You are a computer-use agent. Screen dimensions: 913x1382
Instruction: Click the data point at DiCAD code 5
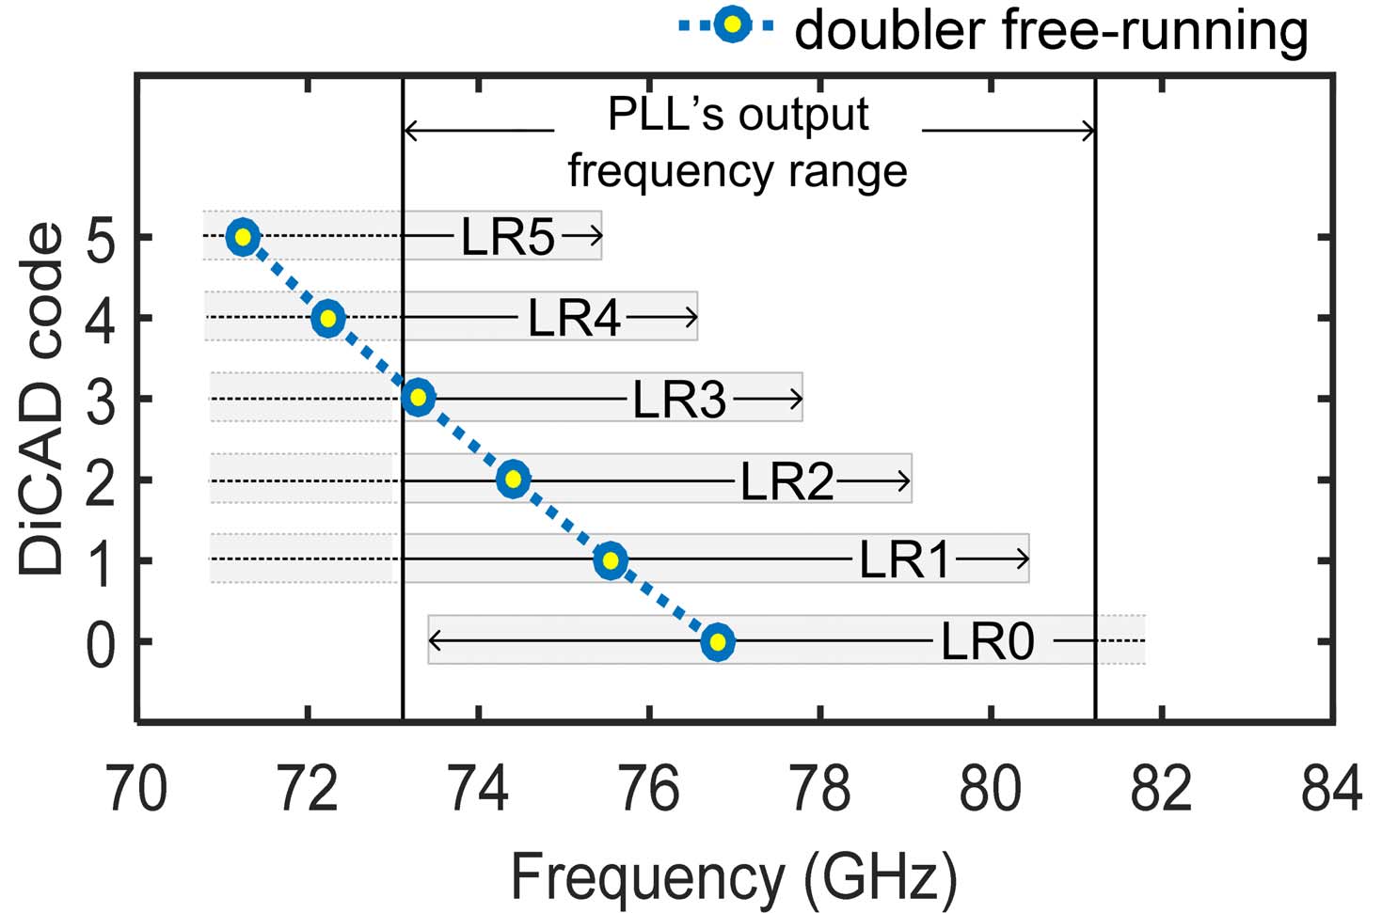point(243,236)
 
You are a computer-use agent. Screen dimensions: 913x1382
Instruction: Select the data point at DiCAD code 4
point(327,318)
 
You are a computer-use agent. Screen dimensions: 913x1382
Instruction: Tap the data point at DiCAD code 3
point(419,397)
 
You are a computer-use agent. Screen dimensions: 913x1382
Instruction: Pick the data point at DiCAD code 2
point(513,479)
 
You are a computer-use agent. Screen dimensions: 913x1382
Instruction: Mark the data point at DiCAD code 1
point(611,560)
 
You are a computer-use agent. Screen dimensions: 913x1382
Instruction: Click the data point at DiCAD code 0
point(718,642)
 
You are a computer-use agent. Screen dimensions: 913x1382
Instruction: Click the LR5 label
point(508,237)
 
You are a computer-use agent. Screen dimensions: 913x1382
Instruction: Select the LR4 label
point(574,318)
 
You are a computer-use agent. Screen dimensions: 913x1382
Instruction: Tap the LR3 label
point(679,400)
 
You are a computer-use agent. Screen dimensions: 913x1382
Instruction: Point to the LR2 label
point(786,481)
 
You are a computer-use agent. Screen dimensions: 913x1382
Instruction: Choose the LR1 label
point(905,561)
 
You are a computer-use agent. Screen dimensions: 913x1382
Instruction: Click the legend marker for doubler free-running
point(731,26)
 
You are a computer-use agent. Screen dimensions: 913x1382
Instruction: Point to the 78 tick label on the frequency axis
point(820,788)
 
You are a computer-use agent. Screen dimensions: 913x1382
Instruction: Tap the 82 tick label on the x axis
point(1162,788)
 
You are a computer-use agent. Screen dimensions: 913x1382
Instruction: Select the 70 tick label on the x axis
point(137,788)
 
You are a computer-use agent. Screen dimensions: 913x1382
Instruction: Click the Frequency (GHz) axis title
point(734,877)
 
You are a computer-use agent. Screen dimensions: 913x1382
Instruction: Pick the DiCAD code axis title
point(42,399)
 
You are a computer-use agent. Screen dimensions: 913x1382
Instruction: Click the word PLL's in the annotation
point(668,115)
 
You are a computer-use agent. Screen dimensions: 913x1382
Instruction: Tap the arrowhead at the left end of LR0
point(435,641)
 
